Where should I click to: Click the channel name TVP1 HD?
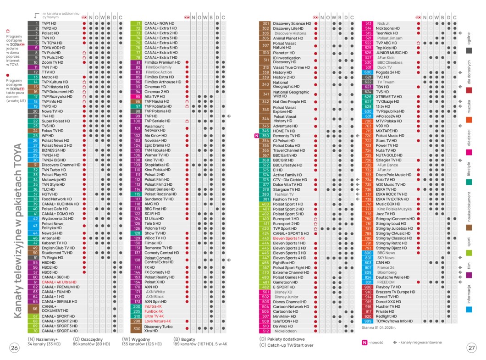pyautogui.click(x=49, y=23)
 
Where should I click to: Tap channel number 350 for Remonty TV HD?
pyautogui.click(x=265, y=136)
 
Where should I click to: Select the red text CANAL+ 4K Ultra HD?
pyautogui.click(x=59, y=282)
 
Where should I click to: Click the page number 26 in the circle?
pyautogui.click(x=15, y=348)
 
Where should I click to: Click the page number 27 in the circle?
pyautogui.click(x=472, y=348)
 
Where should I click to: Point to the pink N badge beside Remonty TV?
pyautogui.click(x=256, y=136)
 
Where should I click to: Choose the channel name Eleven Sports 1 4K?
pyautogui.click(x=289, y=238)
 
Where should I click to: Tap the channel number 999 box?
pyautogui.click(x=368, y=321)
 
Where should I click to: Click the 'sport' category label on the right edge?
pyautogui.click(x=469, y=242)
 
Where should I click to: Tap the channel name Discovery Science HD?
pyautogui.click(x=292, y=23)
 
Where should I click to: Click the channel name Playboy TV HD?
pyautogui.click(x=388, y=287)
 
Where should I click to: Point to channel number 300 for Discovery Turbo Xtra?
pyautogui.click(x=137, y=328)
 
